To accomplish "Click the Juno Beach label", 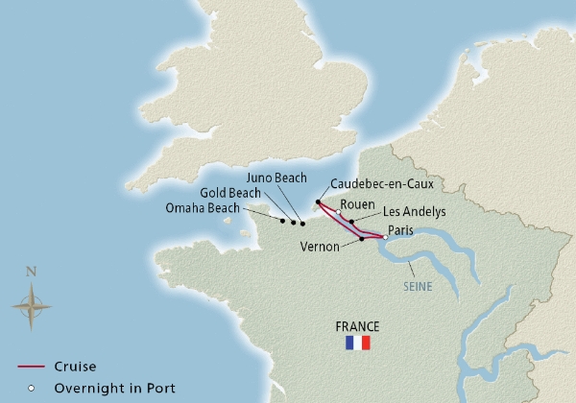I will tap(276, 178).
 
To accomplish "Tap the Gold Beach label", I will tap(228, 193).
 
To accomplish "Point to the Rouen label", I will tap(357, 203).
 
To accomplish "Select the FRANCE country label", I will tap(356, 325).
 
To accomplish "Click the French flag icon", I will tap(357, 343).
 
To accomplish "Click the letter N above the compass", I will tap(31, 273).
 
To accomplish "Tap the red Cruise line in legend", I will tap(34, 367).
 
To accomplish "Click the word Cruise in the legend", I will tap(75, 367).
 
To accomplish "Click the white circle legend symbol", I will tap(34, 389).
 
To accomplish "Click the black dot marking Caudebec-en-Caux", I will tap(318, 202).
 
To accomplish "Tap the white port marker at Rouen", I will tap(338, 213).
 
